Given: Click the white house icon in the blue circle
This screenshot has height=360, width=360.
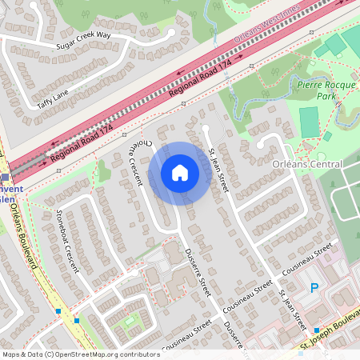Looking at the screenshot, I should click(180, 173).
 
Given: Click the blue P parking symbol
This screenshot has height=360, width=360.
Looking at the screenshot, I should click(314, 288).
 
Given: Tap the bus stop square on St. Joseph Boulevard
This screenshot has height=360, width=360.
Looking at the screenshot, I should click(318, 330).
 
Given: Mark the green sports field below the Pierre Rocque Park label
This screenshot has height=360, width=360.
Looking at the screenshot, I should click(309, 121).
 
